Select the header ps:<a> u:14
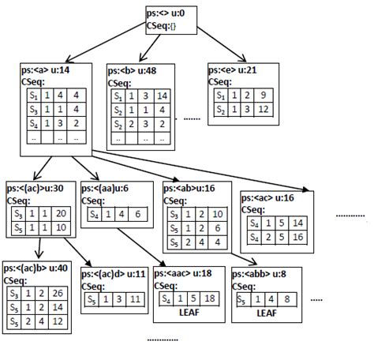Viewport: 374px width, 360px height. tap(44, 71)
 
